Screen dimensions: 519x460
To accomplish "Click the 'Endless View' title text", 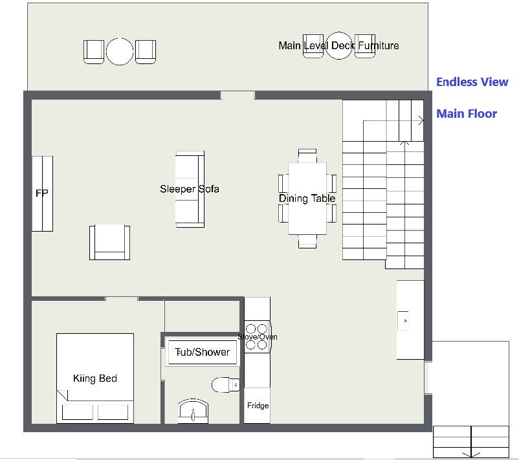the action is coord(472,82).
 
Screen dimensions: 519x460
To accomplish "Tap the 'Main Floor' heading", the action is coord(467,113).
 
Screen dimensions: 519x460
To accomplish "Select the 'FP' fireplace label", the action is coord(41,193).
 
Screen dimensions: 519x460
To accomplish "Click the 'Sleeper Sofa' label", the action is coord(190,189).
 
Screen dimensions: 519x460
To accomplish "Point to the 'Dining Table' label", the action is coord(307,198).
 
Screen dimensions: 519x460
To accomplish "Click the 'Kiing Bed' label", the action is coord(95,378).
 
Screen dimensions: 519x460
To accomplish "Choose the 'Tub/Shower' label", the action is coord(202,352).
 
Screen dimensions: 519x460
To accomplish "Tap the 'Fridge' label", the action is coord(258,406).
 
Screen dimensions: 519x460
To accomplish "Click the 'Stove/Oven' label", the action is coord(258,337).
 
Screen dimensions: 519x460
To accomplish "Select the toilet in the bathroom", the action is coord(226,385).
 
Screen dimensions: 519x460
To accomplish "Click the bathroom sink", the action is coord(193,411).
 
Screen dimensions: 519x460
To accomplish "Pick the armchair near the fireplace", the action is coord(109,242).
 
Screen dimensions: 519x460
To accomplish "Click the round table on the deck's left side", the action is coord(120,51).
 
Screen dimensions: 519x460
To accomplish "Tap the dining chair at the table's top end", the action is coord(307,155).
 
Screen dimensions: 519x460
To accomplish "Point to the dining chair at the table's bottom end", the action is coord(307,241).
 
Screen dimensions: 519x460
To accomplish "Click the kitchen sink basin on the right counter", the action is coord(403,321).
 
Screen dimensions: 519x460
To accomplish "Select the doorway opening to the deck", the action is coord(237,95).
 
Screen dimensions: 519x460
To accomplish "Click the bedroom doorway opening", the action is coord(122,299).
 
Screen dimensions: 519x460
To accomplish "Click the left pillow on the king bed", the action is coord(78,412).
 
